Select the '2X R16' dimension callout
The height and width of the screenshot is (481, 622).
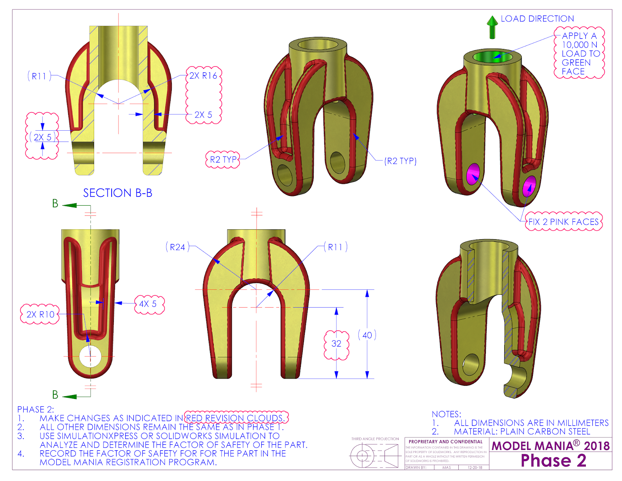point(203,76)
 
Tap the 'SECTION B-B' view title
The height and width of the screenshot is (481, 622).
point(117,193)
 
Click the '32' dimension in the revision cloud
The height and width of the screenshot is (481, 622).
point(336,344)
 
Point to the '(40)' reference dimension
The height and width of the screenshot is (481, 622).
point(367,335)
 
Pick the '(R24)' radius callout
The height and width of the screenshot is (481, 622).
point(178,247)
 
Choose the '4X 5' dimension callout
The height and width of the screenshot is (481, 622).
point(148,304)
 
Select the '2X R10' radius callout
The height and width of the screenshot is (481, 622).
point(40,315)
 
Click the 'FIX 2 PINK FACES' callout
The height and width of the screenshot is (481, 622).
point(563,222)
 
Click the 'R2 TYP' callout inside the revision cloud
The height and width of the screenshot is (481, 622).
point(223,159)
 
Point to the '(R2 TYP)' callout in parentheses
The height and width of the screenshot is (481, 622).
point(400,161)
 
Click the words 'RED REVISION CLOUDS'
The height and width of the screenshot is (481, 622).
point(236,418)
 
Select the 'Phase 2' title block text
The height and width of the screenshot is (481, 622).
point(553,461)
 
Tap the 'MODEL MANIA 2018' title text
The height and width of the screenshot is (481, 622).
point(550,446)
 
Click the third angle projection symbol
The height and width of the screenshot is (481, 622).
point(374,456)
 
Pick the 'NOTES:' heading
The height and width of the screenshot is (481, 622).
point(446,414)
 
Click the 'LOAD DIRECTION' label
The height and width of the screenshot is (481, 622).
point(537,19)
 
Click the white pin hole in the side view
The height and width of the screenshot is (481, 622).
point(90,356)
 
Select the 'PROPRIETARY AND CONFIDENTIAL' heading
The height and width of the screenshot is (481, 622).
point(446,442)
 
